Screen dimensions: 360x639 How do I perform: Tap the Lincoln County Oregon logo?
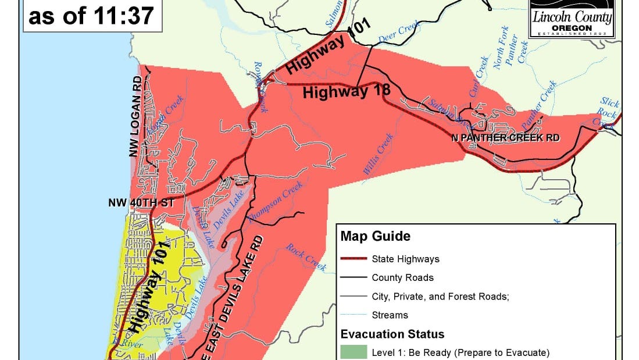572,19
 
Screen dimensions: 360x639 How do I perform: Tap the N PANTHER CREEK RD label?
505,138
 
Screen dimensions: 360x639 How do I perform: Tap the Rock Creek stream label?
305,257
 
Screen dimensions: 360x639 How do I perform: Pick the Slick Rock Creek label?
608,113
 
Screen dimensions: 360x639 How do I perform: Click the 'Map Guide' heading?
375,237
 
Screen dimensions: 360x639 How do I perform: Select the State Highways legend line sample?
352,259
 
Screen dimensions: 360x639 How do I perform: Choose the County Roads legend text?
402,277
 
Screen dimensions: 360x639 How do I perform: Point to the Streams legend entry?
390,315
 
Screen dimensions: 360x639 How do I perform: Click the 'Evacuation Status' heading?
392,334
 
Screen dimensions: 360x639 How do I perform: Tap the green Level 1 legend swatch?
354,352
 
